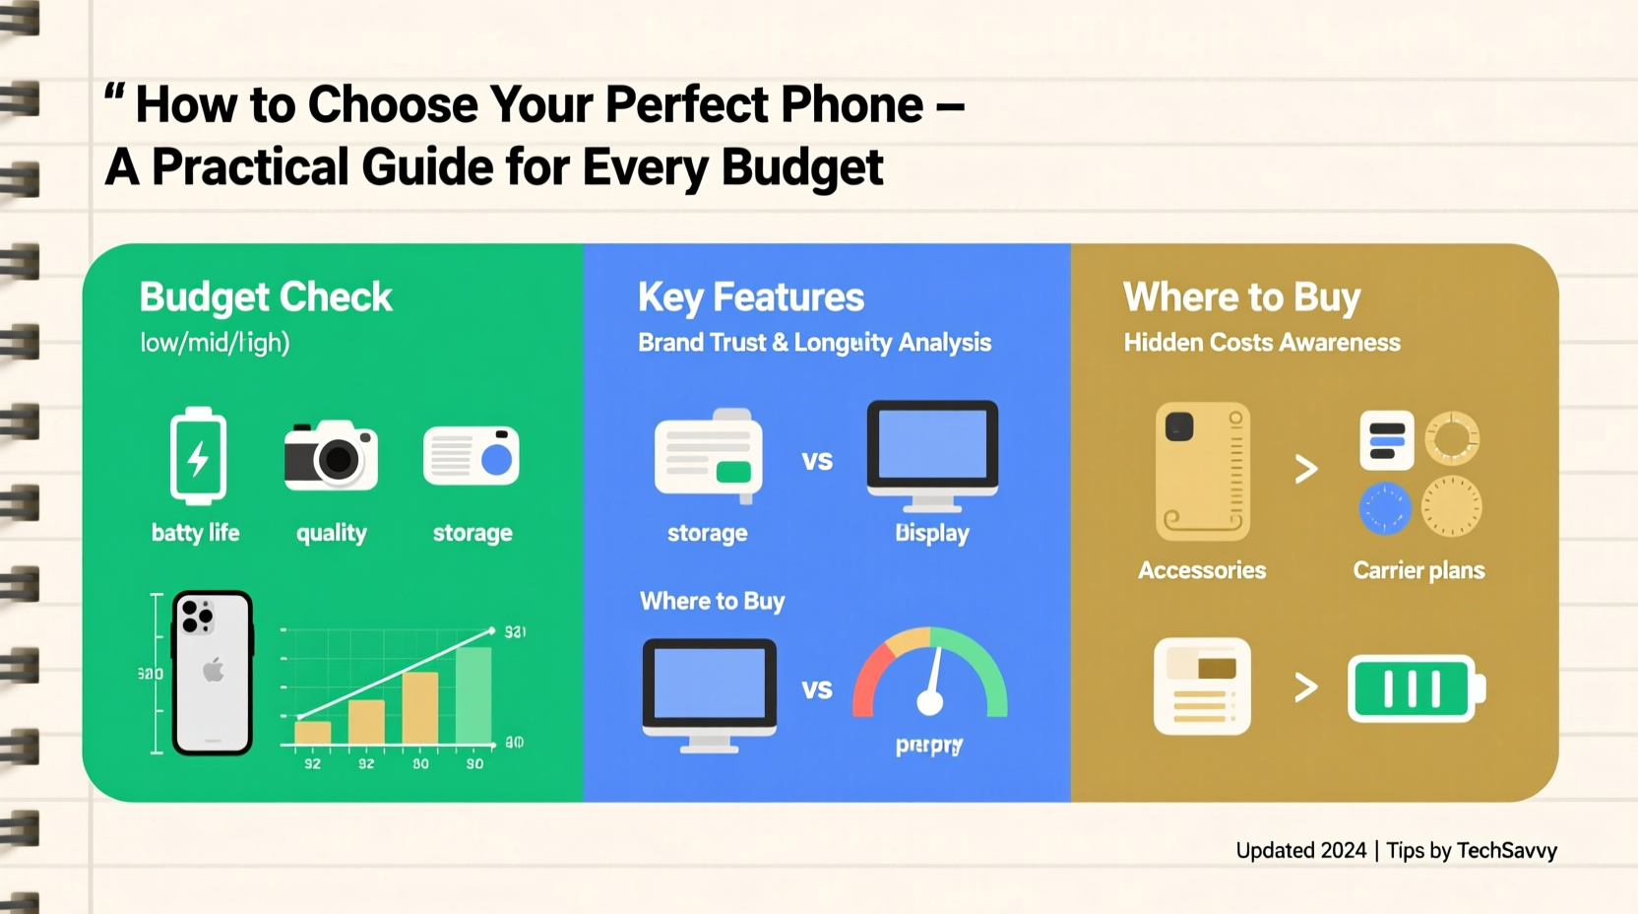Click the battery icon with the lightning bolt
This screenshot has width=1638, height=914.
pyautogui.click(x=198, y=456)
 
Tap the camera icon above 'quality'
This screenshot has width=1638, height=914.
pyautogui.click(x=331, y=456)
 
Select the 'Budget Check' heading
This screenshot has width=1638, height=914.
pyautogui.click(x=266, y=297)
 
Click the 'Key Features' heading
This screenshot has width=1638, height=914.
pyautogui.click(x=750, y=297)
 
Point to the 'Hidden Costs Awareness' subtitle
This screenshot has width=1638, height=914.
pyautogui.click(x=1261, y=343)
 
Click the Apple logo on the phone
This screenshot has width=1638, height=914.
pyautogui.click(x=213, y=672)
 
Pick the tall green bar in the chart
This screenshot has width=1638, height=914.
pyautogui.click(x=473, y=694)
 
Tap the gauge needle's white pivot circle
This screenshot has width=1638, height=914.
pyautogui.click(x=929, y=702)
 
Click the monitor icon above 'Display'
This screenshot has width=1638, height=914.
pyautogui.click(x=932, y=453)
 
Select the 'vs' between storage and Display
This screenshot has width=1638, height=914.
pyautogui.click(x=817, y=461)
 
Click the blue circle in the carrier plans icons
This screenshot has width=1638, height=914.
pyautogui.click(x=1385, y=508)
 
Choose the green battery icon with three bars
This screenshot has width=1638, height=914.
pyautogui.click(x=1415, y=688)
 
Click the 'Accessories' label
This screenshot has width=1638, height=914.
pyautogui.click(x=1202, y=570)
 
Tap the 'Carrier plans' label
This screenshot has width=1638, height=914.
pyautogui.click(x=1418, y=570)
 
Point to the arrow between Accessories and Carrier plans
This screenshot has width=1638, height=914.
pyautogui.click(x=1306, y=469)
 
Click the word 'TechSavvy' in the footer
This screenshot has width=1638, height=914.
pyautogui.click(x=1506, y=850)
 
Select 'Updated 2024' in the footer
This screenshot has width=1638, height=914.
pyautogui.click(x=1300, y=850)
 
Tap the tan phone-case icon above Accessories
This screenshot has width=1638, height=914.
pyautogui.click(x=1203, y=471)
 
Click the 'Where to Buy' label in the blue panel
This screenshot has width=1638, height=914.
pyautogui.click(x=712, y=602)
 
